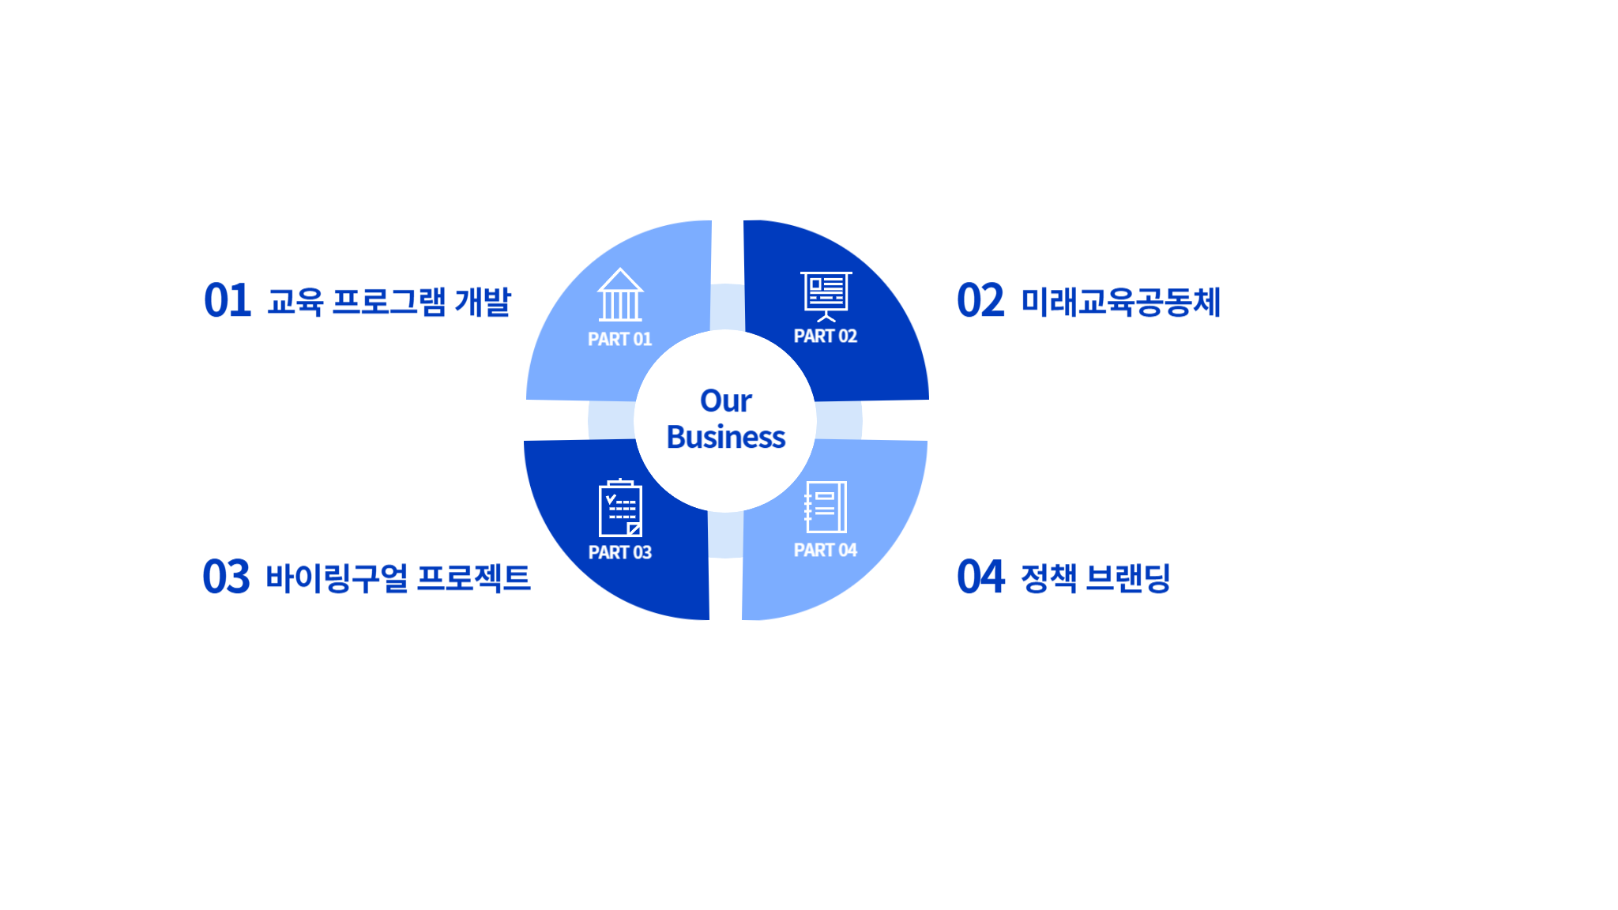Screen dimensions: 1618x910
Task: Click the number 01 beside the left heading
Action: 228,301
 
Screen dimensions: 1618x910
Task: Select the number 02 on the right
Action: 980,301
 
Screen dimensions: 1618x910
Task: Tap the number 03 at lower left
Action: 227,577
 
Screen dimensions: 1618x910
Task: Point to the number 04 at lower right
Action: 980,577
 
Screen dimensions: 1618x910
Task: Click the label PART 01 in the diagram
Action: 620,339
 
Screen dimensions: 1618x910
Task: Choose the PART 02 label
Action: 826,337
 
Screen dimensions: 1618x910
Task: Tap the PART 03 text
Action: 620,552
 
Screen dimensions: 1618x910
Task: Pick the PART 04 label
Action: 826,550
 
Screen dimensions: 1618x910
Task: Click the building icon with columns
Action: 620,295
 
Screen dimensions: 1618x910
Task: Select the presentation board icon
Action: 826,296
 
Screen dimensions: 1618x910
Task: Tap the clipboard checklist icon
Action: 620,508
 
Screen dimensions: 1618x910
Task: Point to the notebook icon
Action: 826,507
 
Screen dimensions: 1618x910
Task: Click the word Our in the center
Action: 726,401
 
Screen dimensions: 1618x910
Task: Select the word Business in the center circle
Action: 726,437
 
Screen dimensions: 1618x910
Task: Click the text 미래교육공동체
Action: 1121,302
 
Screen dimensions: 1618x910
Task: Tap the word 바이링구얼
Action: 337,578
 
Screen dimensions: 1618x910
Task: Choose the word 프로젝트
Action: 474,578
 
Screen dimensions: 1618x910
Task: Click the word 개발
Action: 483,302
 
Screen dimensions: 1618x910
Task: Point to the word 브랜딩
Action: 1128,578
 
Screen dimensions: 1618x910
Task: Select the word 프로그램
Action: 389,302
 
